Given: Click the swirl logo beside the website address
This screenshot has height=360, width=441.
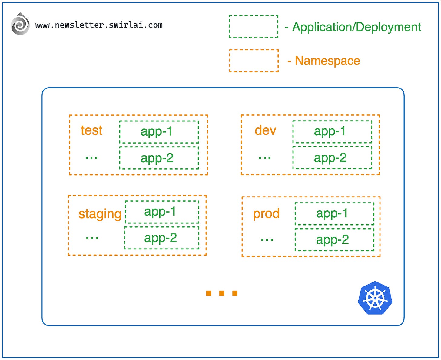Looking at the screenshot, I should click(x=20, y=24).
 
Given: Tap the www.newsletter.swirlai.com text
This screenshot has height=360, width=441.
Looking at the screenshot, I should click(x=99, y=25).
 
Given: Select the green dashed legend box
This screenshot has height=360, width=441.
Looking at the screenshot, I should click(x=254, y=26).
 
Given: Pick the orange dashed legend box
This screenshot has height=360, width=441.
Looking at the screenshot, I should click(x=254, y=61).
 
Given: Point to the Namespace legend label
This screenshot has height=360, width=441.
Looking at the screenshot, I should click(x=327, y=61).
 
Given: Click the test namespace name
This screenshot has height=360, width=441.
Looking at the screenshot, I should click(x=91, y=130).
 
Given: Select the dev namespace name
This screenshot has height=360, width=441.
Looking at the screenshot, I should click(x=265, y=130).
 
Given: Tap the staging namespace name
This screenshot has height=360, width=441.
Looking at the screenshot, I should click(x=100, y=214).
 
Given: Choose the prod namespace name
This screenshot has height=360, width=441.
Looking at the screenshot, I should click(x=266, y=214).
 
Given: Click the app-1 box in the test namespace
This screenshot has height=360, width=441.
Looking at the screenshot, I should click(x=159, y=132).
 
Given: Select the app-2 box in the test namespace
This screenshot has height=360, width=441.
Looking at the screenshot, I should click(x=159, y=158).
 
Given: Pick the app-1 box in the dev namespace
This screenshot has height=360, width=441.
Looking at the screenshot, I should click(x=332, y=131).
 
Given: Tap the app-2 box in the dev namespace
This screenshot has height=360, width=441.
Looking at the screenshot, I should click(x=332, y=158).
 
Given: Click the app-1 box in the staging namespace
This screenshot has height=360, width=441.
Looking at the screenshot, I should click(x=162, y=212).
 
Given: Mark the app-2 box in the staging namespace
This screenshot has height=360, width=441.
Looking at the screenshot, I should click(x=162, y=238).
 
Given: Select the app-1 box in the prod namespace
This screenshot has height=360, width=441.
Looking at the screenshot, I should click(x=334, y=214).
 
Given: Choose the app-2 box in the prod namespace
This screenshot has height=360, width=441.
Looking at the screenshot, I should click(x=334, y=240).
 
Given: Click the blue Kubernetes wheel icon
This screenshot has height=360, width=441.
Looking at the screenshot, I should click(x=375, y=298).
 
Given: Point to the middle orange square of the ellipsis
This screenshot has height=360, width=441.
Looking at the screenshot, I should click(x=222, y=293).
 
